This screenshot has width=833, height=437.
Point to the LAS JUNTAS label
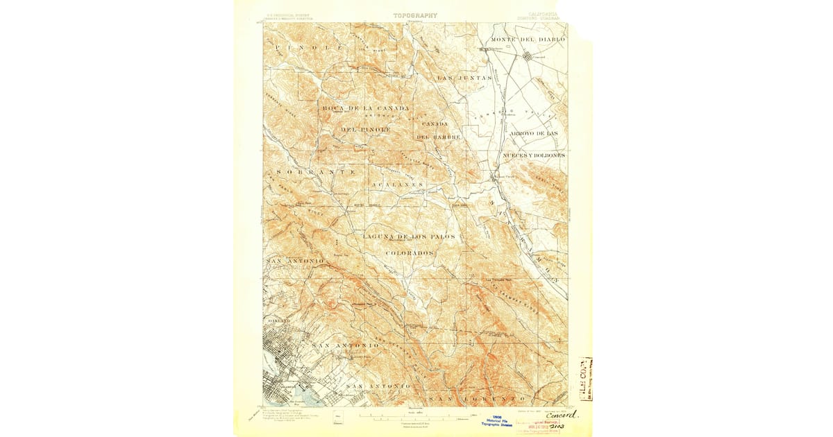464,78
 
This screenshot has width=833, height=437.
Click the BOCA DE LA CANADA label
365,109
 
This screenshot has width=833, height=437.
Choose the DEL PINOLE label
365,130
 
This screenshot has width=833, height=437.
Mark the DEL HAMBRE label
438,137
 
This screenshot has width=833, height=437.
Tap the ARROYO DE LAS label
533,132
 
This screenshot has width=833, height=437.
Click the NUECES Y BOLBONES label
533,155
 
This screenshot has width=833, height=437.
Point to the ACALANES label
396,185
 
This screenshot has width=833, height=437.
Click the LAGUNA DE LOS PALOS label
409,237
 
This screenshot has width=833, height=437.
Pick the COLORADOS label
410,253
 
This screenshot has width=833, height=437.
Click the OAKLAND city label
278,321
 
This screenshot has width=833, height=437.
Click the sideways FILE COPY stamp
585,379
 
